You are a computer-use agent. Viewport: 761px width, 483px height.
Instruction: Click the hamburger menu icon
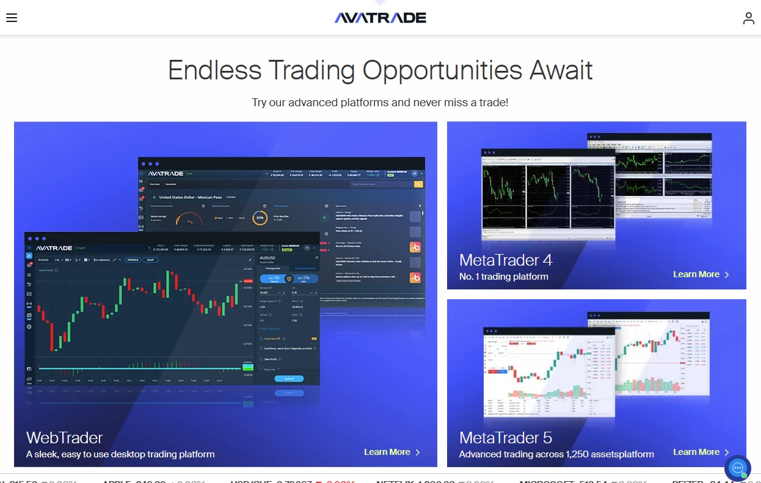pyautogui.click(x=12, y=18)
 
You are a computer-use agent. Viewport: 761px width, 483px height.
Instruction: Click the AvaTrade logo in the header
pyautogui.click(x=380, y=18)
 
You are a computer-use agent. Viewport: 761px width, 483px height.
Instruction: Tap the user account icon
pyautogui.click(x=748, y=18)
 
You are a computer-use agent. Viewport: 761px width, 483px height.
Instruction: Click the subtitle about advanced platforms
pyautogui.click(x=380, y=103)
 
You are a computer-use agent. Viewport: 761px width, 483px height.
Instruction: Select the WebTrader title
pyautogui.click(x=65, y=437)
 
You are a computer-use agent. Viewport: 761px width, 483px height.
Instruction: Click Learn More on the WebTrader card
pyautogui.click(x=392, y=452)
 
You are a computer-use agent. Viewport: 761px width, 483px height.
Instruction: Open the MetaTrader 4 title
pyautogui.click(x=506, y=260)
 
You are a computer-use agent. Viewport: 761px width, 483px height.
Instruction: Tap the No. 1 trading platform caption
pyautogui.click(x=503, y=277)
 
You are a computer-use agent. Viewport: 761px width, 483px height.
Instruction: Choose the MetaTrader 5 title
pyautogui.click(x=506, y=438)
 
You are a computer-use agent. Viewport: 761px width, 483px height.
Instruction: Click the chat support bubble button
pyautogui.click(x=737, y=468)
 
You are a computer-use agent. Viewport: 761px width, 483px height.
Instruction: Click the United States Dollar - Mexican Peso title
pyautogui.click(x=191, y=198)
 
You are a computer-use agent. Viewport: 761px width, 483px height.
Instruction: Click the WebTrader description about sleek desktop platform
pyautogui.click(x=120, y=454)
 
